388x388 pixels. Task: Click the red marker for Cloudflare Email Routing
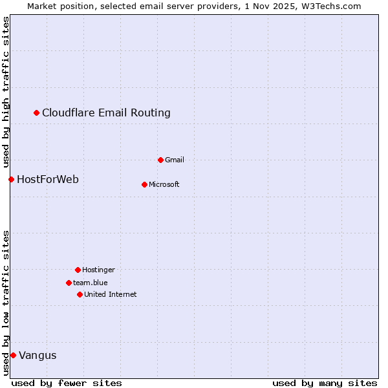coord(37,113)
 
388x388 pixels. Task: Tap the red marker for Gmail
coord(161,160)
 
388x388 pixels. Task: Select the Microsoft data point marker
coord(145,184)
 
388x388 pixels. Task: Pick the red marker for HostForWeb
coord(11,179)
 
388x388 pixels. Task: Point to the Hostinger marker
coord(78,270)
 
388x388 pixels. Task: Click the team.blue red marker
coord(69,283)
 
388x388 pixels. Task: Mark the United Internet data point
coord(80,294)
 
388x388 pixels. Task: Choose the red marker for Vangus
coord(13,355)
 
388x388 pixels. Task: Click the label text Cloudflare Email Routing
coord(106,113)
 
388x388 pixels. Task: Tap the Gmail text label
coord(175,160)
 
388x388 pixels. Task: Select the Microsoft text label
coord(164,184)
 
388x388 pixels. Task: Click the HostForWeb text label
coord(48,179)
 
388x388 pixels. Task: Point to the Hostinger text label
coord(98,270)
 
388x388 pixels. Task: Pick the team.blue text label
coord(91,283)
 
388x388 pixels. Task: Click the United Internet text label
coord(111,294)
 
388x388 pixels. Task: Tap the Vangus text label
coord(38,355)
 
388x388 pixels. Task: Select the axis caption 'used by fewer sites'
coord(67,383)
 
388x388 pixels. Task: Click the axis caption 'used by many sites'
coord(325,383)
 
